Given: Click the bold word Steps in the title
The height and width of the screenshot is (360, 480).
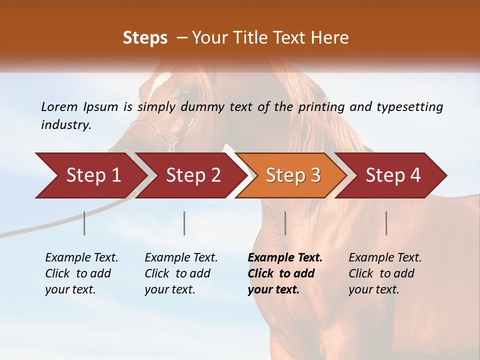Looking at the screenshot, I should pyautogui.click(x=145, y=38).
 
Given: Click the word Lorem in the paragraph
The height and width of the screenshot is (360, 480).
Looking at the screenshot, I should pyautogui.click(x=59, y=107).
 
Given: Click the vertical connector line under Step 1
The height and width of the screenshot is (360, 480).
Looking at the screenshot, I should pyautogui.click(x=84, y=223).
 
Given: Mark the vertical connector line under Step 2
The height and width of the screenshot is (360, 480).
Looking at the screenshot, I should pyautogui.click(x=184, y=223).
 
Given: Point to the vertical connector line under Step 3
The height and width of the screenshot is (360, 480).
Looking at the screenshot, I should pyautogui.click(x=285, y=223).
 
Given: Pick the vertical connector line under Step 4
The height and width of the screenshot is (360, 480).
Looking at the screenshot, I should pyautogui.click(x=386, y=223).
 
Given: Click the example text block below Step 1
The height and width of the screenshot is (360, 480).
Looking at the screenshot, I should pyautogui.click(x=81, y=273).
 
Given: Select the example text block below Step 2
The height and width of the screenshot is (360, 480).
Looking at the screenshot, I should pyautogui.click(x=180, y=273).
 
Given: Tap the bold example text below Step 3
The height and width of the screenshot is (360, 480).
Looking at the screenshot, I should pyautogui.click(x=284, y=273).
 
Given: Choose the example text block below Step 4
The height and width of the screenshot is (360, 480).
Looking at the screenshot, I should pyautogui.click(x=384, y=273).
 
